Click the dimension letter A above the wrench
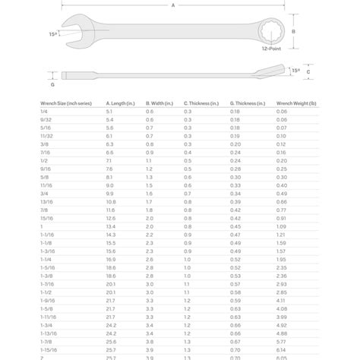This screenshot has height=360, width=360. coord(173,5)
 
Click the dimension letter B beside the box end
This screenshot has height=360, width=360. coord(293,32)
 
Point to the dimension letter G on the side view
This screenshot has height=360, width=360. coord(52,74)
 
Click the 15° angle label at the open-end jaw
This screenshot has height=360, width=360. coord(52,33)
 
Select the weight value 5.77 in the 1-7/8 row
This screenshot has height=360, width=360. coord(282,340)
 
